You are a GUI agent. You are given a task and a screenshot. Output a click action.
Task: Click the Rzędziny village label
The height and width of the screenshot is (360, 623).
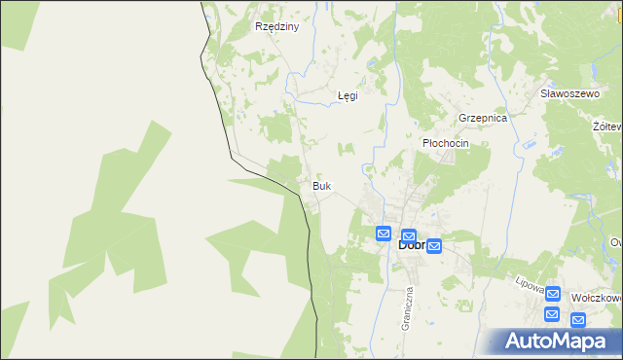tap(275, 27)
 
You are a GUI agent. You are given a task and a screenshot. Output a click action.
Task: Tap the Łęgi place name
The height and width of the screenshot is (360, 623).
tap(348, 96)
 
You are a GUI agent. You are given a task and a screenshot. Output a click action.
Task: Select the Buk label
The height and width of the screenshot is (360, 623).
tap(321, 185)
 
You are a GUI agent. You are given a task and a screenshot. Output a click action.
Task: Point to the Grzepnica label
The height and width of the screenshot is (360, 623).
tap(484, 118)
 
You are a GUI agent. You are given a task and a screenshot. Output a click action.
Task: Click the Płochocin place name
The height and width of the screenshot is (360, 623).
tap(445, 143)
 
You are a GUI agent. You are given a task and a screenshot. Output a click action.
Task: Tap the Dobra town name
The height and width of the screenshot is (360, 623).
tap(411, 245)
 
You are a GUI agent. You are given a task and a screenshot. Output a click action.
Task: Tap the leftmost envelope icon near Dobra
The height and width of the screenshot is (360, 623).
tap(384, 234)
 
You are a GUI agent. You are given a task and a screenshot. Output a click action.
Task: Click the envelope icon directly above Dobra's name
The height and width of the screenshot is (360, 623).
tap(409, 235)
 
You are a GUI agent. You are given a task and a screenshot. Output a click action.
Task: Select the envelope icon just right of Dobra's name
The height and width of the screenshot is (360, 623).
tap(434, 246)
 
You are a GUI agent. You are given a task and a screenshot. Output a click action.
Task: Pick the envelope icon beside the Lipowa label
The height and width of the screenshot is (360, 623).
tap(553, 293)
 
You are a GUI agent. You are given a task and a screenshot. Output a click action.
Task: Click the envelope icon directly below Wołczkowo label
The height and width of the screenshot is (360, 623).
tap(577, 319)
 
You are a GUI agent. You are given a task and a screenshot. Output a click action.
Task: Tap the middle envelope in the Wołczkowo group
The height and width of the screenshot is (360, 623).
tap(552, 314)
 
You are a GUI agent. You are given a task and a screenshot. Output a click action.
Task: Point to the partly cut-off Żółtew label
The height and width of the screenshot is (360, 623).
tap(611, 126)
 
